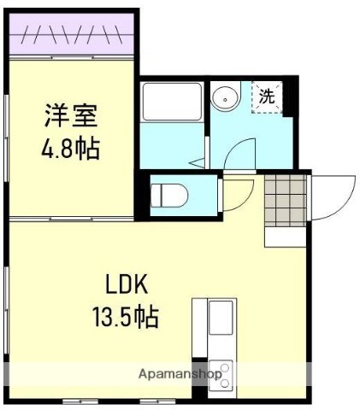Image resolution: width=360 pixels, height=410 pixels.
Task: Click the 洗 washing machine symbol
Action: tap(266, 97)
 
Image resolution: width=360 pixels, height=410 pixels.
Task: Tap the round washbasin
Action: tap(226, 98)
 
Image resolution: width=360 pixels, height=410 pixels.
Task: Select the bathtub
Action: tap(172, 102)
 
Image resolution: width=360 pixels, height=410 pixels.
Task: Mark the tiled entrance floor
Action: tap(285, 196)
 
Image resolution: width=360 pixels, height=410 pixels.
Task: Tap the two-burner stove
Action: tap(220, 373)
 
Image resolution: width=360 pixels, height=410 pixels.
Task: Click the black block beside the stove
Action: tap(199, 372)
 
